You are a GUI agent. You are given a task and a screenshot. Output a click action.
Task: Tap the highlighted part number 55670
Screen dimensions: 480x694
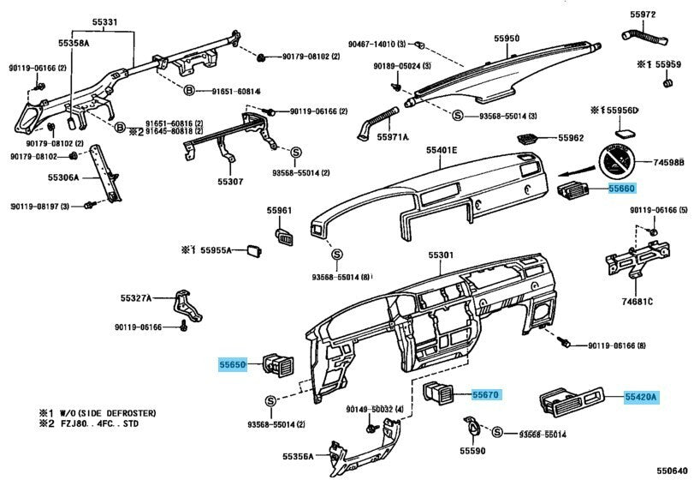(485, 394)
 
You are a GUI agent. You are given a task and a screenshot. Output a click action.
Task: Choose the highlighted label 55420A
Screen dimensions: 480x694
(639, 397)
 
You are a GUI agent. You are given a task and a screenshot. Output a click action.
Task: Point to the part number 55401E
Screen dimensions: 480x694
(442, 151)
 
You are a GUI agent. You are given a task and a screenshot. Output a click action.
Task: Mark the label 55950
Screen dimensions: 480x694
(507, 39)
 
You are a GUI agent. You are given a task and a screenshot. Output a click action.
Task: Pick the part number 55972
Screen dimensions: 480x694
(643, 15)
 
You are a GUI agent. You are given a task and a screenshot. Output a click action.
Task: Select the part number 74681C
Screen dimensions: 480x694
(638, 301)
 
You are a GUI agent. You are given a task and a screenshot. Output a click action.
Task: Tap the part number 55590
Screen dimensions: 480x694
(472, 451)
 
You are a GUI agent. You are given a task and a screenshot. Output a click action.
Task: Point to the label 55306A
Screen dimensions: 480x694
(63, 178)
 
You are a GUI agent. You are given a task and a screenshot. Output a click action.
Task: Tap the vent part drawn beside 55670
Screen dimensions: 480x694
(442, 394)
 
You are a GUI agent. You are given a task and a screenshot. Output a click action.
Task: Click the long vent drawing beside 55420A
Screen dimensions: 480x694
(568, 398)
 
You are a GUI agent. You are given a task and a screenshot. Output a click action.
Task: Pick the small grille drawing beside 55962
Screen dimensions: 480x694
(528, 137)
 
